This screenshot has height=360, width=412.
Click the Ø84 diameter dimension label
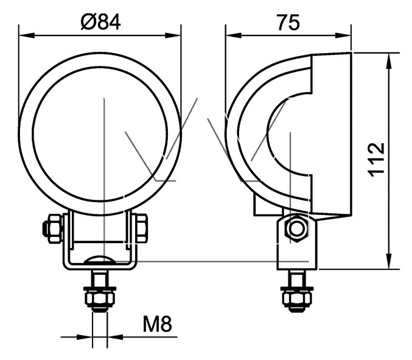100,22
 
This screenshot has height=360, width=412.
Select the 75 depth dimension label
288,23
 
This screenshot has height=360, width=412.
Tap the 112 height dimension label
377,160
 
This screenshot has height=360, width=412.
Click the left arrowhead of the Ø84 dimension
27,35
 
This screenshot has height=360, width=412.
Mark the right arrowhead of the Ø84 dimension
173,35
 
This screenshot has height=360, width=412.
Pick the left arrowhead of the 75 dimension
234,35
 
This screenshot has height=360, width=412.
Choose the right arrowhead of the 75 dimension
343,35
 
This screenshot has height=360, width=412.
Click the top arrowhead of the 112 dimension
389,61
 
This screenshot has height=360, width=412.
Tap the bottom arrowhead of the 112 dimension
389,261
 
